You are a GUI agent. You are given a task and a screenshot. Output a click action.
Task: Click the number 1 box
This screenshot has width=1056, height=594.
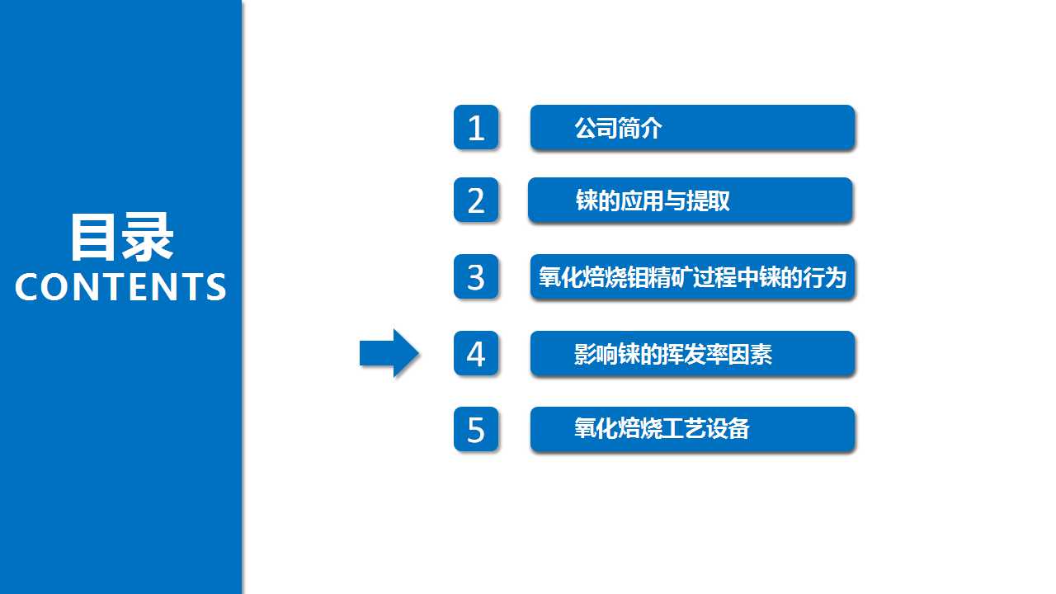click(x=476, y=127)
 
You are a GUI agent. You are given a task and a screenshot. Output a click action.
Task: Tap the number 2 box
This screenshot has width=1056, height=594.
click(x=476, y=200)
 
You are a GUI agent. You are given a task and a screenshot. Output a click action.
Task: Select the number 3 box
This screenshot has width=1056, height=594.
click(x=476, y=276)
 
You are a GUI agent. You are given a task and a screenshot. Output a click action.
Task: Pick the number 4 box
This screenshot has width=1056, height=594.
click(x=476, y=354)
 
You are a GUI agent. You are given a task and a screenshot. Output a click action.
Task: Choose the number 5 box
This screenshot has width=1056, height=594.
click(x=476, y=430)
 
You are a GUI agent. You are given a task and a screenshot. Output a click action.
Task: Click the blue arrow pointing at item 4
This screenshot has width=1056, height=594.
click(x=389, y=353)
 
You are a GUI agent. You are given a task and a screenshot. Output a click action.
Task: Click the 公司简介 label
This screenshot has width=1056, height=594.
click(x=618, y=128)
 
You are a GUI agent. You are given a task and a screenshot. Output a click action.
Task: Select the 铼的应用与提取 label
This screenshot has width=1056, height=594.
click(x=653, y=200)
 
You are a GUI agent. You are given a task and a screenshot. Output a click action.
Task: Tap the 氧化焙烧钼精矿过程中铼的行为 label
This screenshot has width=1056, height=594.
click(x=692, y=277)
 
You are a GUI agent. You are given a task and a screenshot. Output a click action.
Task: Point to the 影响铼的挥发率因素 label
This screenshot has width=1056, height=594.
click(x=673, y=354)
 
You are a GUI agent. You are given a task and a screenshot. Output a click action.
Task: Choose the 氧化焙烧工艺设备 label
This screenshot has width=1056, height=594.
click(x=662, y=429)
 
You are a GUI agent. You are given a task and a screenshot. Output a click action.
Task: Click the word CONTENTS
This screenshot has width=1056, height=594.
click(x=120, y=286)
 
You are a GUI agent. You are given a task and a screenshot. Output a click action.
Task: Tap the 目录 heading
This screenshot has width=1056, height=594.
click(x=121, y=237)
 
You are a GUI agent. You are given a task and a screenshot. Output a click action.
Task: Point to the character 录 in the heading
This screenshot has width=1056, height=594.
click(x=147, y=237)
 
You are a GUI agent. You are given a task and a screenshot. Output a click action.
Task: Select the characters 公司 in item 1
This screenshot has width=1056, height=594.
click(x=596, y=128)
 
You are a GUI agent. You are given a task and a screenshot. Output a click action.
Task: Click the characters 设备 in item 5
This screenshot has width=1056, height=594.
click(x=728, y=429)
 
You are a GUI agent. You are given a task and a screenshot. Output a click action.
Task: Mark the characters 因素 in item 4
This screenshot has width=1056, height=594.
click(x=751, y=354)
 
